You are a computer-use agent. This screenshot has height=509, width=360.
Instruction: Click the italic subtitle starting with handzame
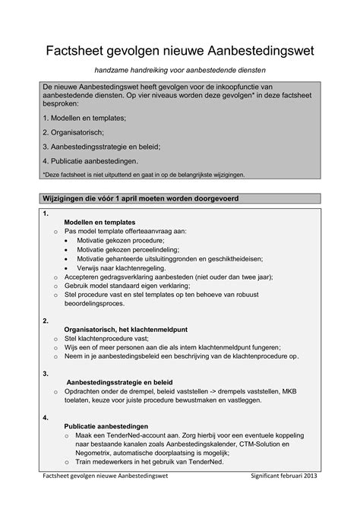tap(180, 70)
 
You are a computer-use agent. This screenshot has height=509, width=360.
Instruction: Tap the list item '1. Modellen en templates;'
tap(84, 119)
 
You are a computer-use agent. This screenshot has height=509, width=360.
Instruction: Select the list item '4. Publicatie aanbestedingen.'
tap(90, 161)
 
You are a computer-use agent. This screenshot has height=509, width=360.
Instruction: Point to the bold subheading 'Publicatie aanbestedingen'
tap(106, 426)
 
